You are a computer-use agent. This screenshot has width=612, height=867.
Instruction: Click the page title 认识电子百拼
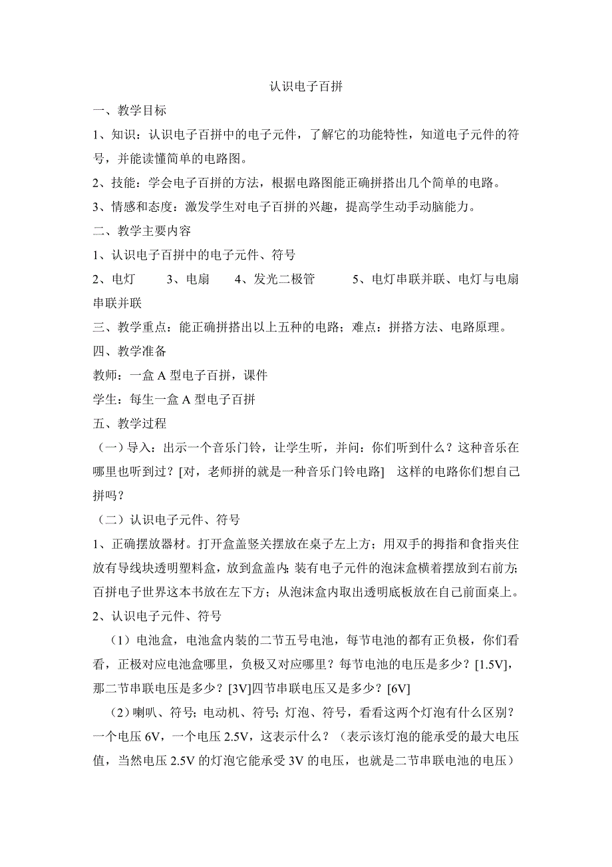tap(306, 87)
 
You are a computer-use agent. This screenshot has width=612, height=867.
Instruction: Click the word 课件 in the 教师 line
tap(255, 375)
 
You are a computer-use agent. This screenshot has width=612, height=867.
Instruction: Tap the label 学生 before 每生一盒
tap(104, 399)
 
